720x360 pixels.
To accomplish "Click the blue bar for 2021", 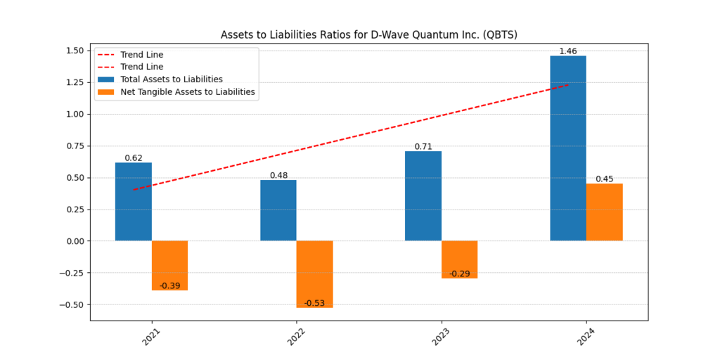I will (x=134, y=202).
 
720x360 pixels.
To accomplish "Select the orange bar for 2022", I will (x=314, y=274).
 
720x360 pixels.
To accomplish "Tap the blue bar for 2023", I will (x=423, y=196).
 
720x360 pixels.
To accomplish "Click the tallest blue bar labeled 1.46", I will (x=568, y=148).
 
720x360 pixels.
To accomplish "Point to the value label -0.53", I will (x=314, y=303).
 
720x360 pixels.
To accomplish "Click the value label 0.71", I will (x=423, y=146).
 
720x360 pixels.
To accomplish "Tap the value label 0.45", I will (x=604, y=179).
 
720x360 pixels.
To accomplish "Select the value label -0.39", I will (x=169, y=285).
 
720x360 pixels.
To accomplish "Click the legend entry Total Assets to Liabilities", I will (x=172, y=79).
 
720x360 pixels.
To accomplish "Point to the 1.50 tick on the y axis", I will (x=75, y=51).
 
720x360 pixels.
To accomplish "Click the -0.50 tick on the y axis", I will (x=73, y=304).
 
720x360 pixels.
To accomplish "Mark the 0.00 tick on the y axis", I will (x=75, y=241).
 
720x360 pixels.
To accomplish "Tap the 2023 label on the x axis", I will (x=440, y=337).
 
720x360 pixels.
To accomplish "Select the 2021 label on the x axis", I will (x=150, y=337).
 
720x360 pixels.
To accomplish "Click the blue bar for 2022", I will (x=278, y=210).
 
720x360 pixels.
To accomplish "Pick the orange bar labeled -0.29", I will (x=459, y=259).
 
